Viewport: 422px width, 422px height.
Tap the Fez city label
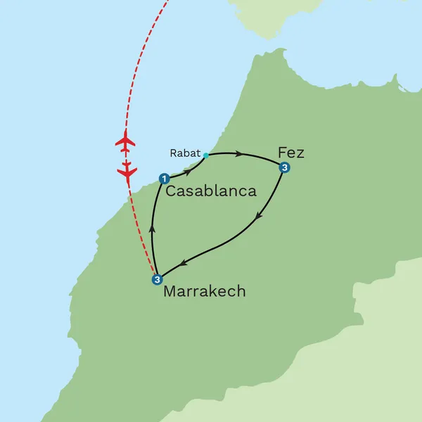pos(291,152)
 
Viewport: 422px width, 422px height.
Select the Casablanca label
pos(211,191)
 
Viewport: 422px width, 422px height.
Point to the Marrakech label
pos(204,291)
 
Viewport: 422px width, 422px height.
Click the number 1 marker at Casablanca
pos(165,179)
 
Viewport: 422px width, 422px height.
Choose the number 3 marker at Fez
pos(284,167)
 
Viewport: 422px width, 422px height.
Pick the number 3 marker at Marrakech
pos(157,279)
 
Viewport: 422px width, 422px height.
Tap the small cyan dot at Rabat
pos(205,155)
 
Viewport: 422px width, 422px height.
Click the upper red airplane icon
pos(125,141)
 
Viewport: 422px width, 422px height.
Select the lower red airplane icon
pos(127,170)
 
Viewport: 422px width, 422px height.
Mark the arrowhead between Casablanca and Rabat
pos(188,170)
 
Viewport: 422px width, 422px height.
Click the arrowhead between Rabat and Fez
pos(239,153)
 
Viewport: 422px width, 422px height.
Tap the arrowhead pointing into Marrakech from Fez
pos(184,264)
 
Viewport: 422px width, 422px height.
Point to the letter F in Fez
pos(283,152)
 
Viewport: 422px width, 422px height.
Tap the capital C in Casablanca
pos(172,191)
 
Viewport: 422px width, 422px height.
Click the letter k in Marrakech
pos(215,291)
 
